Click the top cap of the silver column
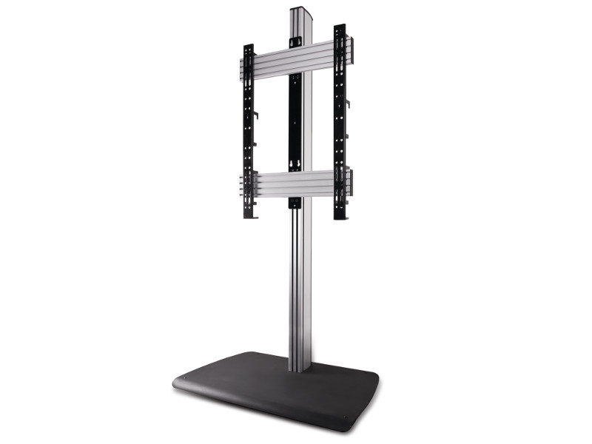pos(300,11)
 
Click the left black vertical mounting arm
pos(248,133)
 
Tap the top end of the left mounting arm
pos(249,48)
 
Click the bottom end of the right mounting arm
pos(340,216)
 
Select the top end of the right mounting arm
pos(340,28)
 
